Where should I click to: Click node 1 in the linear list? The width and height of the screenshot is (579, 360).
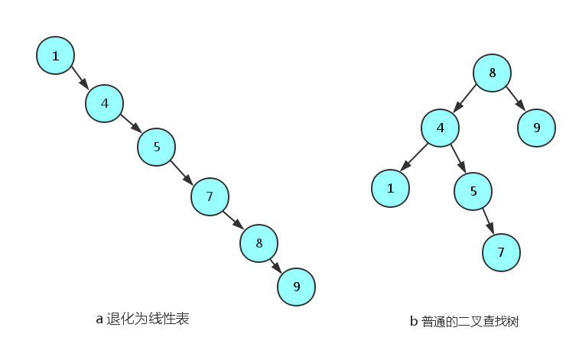point(55,56)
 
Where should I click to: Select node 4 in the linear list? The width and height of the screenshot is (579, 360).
point(105,103)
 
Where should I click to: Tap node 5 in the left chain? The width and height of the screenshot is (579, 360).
point(157,147)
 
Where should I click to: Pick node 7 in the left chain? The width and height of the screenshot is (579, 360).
point(209,197)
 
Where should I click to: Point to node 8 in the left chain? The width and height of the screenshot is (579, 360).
point(259,243)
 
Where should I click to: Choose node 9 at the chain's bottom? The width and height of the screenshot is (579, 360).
point(296,287)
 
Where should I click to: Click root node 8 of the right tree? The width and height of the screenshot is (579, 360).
point(493,74)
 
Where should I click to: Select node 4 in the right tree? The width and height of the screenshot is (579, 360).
point(441,128)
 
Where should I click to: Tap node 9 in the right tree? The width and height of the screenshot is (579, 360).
point(536,128)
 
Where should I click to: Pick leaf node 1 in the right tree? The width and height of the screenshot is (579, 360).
point(391,187)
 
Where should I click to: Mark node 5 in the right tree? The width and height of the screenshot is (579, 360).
point(473,190)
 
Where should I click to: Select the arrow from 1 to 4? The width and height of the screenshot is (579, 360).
point(80,79)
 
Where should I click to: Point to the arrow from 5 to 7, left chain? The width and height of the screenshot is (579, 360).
point(183,172)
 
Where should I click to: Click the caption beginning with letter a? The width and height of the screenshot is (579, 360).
point(142,319)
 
